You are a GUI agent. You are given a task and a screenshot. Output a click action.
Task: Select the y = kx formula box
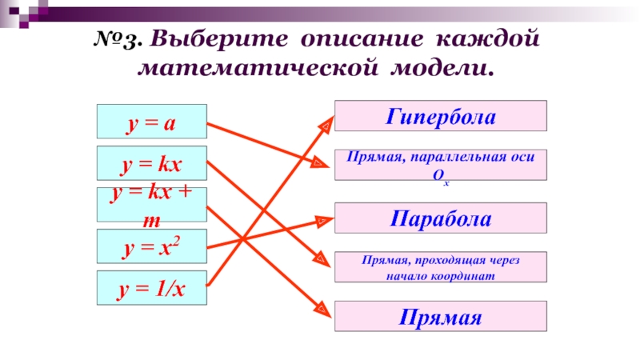152,163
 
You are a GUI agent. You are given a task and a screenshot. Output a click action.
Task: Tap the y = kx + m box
152,205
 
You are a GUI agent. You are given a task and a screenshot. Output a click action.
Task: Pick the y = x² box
152,246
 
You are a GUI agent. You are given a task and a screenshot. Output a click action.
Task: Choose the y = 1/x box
152,288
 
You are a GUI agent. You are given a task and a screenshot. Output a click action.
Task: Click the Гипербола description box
440,115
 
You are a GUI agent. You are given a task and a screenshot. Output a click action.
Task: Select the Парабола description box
440,218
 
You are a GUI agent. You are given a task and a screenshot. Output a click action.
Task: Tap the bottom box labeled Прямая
440,316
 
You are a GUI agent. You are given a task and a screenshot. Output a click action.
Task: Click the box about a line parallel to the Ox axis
440,165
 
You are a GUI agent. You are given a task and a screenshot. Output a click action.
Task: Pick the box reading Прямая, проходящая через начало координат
440,267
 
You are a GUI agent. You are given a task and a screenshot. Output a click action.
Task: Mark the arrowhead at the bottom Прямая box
323,307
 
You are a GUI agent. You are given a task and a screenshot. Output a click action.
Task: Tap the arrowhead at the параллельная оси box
321,163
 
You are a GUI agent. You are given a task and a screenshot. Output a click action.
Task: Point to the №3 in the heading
119,38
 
